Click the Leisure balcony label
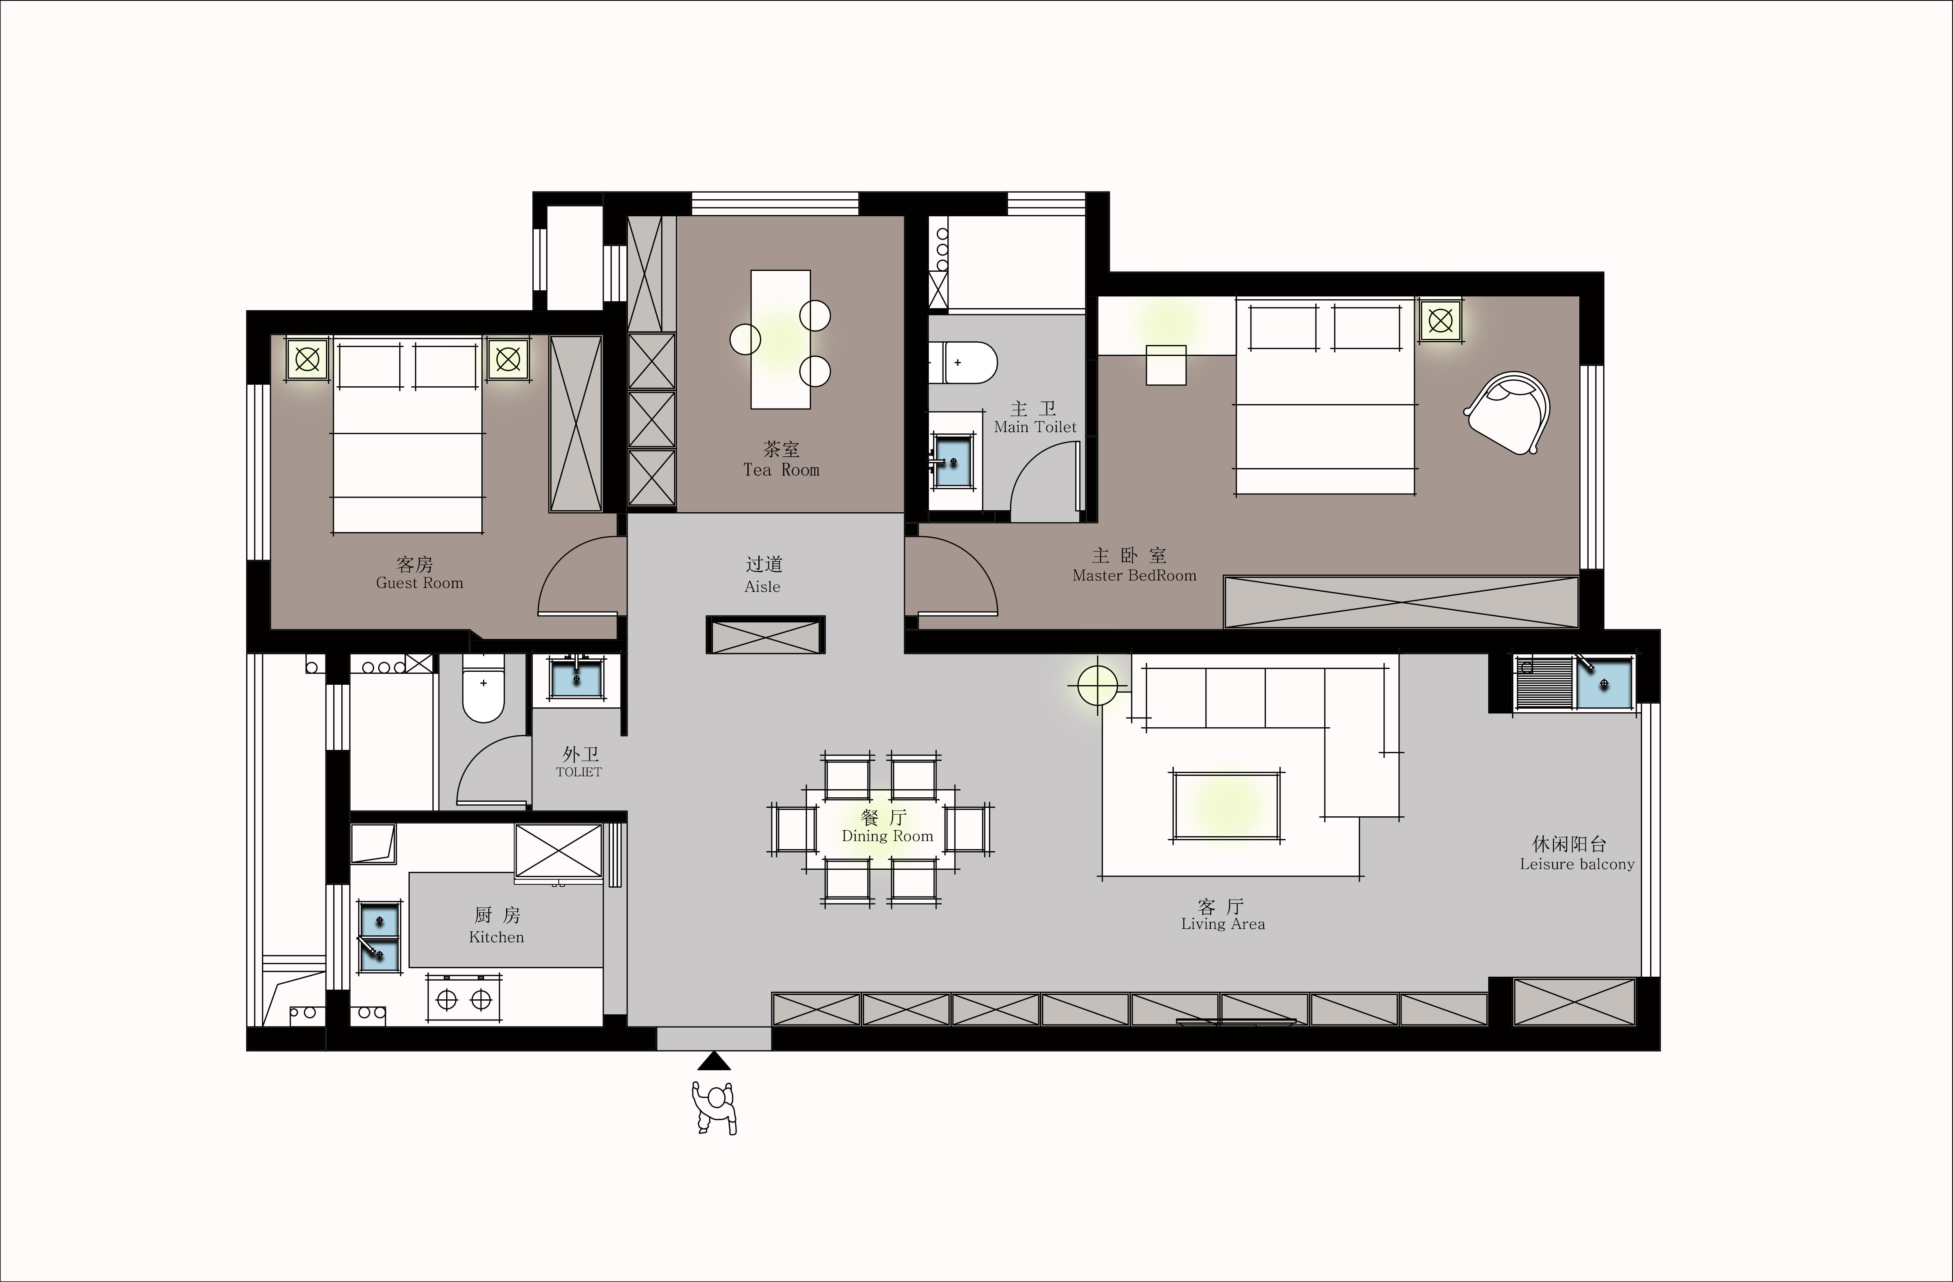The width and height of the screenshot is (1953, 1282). click(x=1576, y=864)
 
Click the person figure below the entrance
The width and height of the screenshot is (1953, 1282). click(x=714, y=1108)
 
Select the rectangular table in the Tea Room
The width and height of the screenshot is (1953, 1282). click(x=781, y=339)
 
